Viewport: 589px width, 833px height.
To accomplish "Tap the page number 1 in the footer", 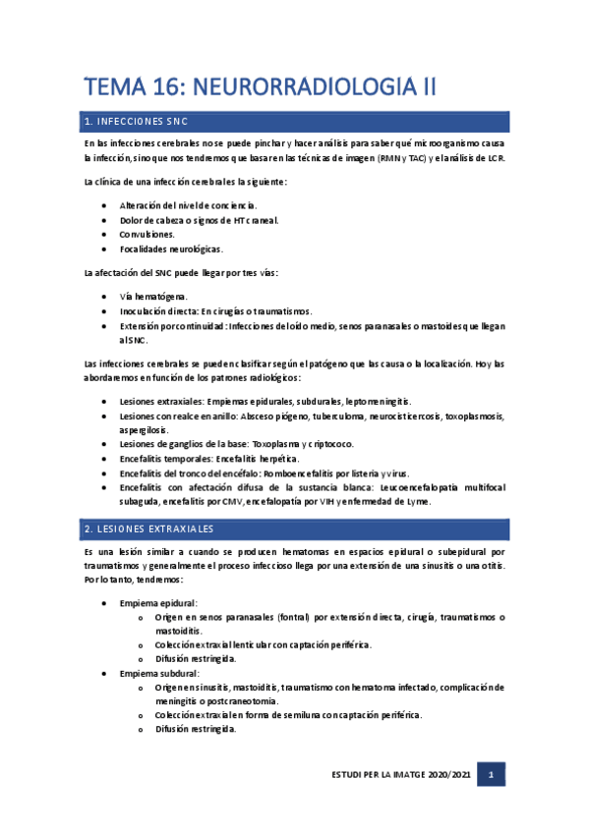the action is pyautogui.click(x=492, y=776).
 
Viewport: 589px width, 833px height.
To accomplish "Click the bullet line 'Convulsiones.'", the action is pyautogui.click(x=147, y=235).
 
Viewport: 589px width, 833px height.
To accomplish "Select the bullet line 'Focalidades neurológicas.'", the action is pyautogui.click(x=171, y=250).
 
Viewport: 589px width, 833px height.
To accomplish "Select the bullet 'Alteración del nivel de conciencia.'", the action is pyautogui.click(x=188, y=205).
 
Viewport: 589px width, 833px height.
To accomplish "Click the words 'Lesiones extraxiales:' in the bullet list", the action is pyautogui.click(x=161, y=402).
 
